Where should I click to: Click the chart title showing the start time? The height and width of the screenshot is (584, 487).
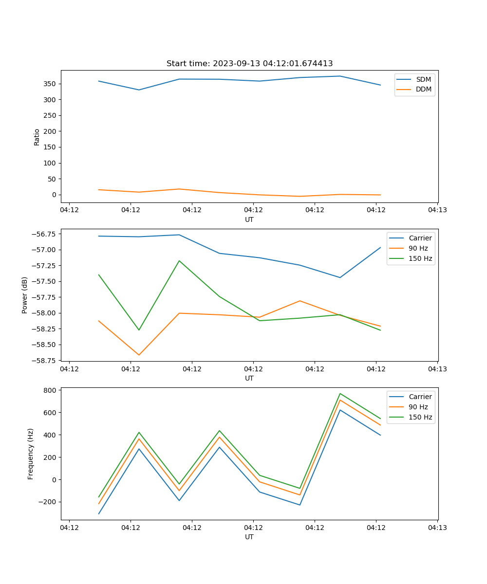(249, 64)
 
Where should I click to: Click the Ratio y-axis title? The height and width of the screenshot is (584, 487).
(37, 137)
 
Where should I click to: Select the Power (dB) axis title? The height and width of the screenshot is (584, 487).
(25, 295)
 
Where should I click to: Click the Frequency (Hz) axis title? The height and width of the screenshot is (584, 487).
(31, 454)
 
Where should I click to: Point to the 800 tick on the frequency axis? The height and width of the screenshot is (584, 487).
(50, 390)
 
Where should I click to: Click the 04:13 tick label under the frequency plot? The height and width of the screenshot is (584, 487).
(437, 528)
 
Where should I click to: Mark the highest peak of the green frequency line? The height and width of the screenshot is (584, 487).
(340, 394)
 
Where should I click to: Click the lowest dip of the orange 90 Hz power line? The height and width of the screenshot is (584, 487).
(139, 355)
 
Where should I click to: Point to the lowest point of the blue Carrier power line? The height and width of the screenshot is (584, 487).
(340, 277)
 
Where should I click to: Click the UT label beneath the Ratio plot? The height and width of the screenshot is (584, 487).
(249, 219)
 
